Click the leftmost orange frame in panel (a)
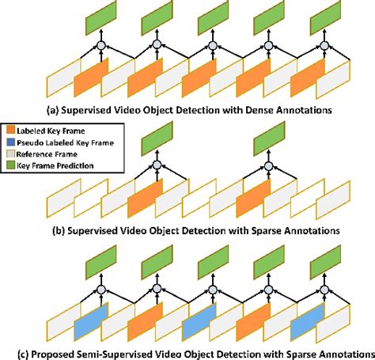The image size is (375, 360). [90, 75]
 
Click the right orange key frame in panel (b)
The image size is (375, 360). [254, 196]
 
